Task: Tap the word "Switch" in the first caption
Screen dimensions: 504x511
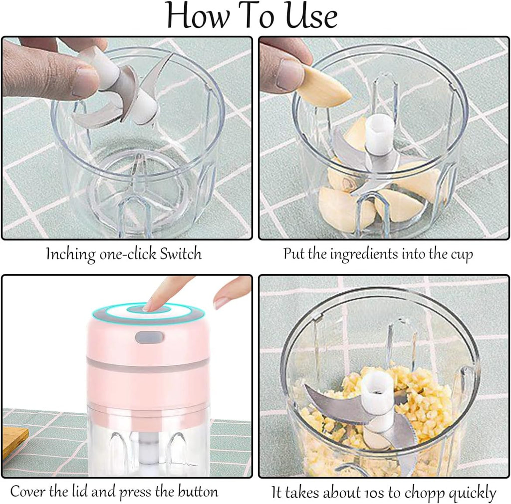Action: pos(181,254)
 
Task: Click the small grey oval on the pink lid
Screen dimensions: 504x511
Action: pos(149,337)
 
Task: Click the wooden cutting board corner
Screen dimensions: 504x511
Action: pos(13,439)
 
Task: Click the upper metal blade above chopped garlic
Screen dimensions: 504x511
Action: pos(333,405)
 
